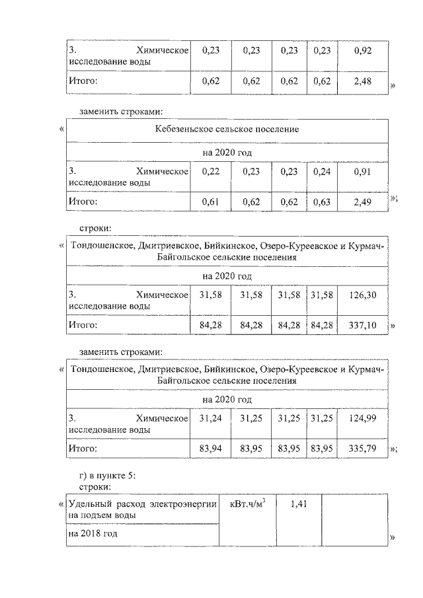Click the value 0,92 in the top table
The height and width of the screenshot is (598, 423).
point(360,50)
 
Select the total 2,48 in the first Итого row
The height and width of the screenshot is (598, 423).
point(360,81)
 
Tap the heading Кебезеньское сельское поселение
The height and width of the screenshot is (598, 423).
point(227,129)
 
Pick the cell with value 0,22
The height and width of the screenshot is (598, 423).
point(210,170)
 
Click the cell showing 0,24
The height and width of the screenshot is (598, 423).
point(321,170)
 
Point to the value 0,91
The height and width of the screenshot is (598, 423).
point(360,170)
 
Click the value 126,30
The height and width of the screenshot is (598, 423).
point(360,294)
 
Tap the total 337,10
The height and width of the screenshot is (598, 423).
point(360,325)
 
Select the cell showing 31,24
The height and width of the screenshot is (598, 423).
point(210,418)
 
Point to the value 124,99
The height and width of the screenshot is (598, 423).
point(360,418)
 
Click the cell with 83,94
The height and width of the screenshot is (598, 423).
point(210,449)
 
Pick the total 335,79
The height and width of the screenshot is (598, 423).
point(360,449)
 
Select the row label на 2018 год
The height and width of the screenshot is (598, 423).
point(93,533)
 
